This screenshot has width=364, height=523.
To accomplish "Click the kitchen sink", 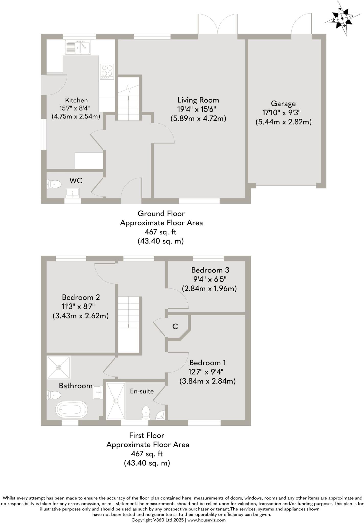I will (x=78, y=47).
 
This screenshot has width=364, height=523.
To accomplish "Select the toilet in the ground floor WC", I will (x=54, y=184).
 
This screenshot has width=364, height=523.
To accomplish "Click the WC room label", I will (x=76, y=181).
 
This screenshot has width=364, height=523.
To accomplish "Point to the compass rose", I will (x=342, y=18).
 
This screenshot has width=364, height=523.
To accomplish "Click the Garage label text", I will (x=283, y=103).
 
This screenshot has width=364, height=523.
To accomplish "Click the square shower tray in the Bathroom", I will (x=59, y=367).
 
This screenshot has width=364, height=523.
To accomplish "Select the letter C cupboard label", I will (x=175, y=326).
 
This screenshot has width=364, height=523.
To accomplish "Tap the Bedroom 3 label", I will (x=210, y=270).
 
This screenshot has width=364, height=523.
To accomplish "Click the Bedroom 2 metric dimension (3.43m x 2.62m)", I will (x=81, y=316).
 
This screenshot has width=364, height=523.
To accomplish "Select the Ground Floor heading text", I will (x=161, y=213).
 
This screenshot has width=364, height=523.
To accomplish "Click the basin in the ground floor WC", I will (x=73, y=193).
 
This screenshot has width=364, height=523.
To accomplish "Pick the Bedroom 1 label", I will (x=208, y=363).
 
